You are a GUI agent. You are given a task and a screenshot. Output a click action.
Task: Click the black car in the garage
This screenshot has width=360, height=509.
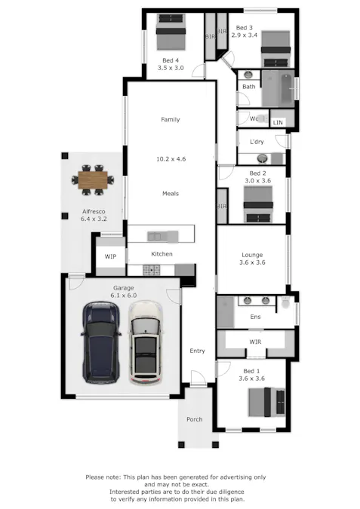click(101, 341)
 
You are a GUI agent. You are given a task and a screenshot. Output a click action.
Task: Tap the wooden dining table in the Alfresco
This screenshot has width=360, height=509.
click(94, 180)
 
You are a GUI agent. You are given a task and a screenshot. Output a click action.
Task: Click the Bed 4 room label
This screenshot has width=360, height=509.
click(171, 60)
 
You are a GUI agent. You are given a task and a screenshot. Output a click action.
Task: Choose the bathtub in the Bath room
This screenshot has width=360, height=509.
click(277, 89)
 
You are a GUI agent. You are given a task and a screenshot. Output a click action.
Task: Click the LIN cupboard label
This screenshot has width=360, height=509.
click(278, 122)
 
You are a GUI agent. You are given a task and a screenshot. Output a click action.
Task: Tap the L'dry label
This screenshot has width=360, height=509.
click(257, 142)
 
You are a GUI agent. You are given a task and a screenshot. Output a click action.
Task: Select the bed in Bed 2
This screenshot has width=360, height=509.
click(258, 204)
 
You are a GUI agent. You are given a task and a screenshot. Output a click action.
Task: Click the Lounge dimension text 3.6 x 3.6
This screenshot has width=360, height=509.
click(252, 263)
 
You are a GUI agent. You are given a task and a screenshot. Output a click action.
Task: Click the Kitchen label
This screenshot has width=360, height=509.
click(162, 254)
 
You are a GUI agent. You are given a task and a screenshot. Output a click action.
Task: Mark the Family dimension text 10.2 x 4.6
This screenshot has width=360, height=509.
click(171, 159)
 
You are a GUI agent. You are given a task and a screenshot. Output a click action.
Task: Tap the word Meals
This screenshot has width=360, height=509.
click(171, 194)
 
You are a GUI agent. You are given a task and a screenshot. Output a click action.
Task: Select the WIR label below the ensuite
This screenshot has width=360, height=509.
click(255, 342)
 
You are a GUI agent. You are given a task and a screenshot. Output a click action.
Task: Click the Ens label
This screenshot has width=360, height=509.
click(256, 317)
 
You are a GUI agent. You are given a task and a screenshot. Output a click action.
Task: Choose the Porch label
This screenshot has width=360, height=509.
click(195, 419)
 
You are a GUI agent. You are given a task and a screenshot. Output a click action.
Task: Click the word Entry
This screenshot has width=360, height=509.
click(197, 351)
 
